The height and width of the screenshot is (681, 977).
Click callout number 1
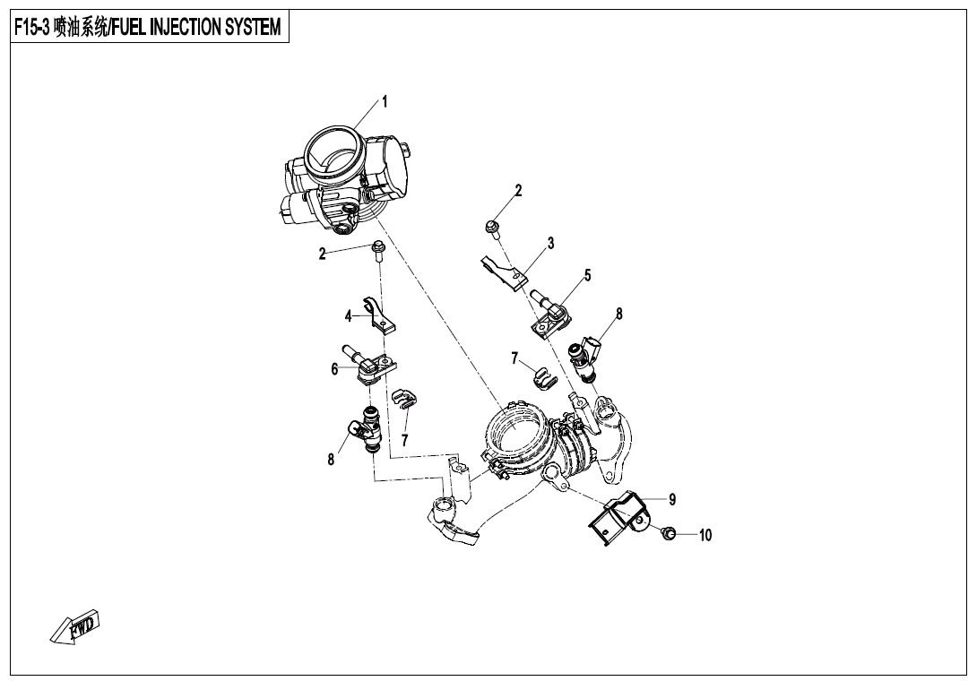click(x=385, y=102)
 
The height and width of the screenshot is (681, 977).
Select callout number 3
click(x=550, y=243)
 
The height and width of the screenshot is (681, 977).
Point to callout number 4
click(x=348, y=315)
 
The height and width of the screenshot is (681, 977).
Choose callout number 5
click(x=587, y=276)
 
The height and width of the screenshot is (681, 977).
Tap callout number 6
click(x=334, y=369)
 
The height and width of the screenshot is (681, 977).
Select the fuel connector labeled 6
click(x=370, y=365)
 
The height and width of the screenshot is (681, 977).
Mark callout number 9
click(x=671, y=499)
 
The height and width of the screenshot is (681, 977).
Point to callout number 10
click(x=705, y=536)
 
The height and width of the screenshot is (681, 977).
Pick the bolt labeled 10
click(x=668, y=535)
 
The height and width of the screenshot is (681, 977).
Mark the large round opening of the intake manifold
click(x=517, y=430)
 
